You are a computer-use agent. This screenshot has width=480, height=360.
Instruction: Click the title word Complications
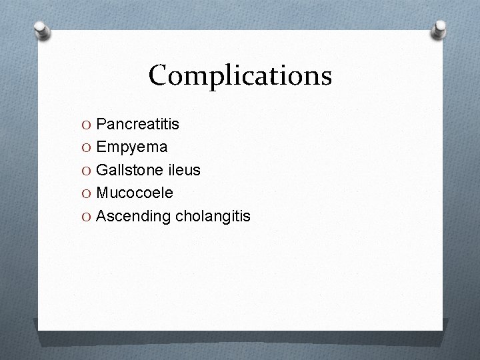(x=240, y=75)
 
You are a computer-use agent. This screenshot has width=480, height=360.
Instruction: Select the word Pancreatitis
(x=137, y=124)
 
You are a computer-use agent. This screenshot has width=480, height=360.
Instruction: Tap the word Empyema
(x=132, y=147)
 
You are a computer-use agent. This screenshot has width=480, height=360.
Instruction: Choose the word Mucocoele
(x=135, y=193)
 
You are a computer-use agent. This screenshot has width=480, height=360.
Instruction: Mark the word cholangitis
(x=213, y=216)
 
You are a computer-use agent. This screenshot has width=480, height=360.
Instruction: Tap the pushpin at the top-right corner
(x=439, y=29)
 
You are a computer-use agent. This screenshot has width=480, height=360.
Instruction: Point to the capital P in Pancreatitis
(x=101, y=124)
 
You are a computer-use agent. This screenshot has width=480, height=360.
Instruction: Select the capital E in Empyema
(x=101, y=147)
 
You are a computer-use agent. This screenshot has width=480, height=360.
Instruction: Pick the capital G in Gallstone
(x=102, y=170)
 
